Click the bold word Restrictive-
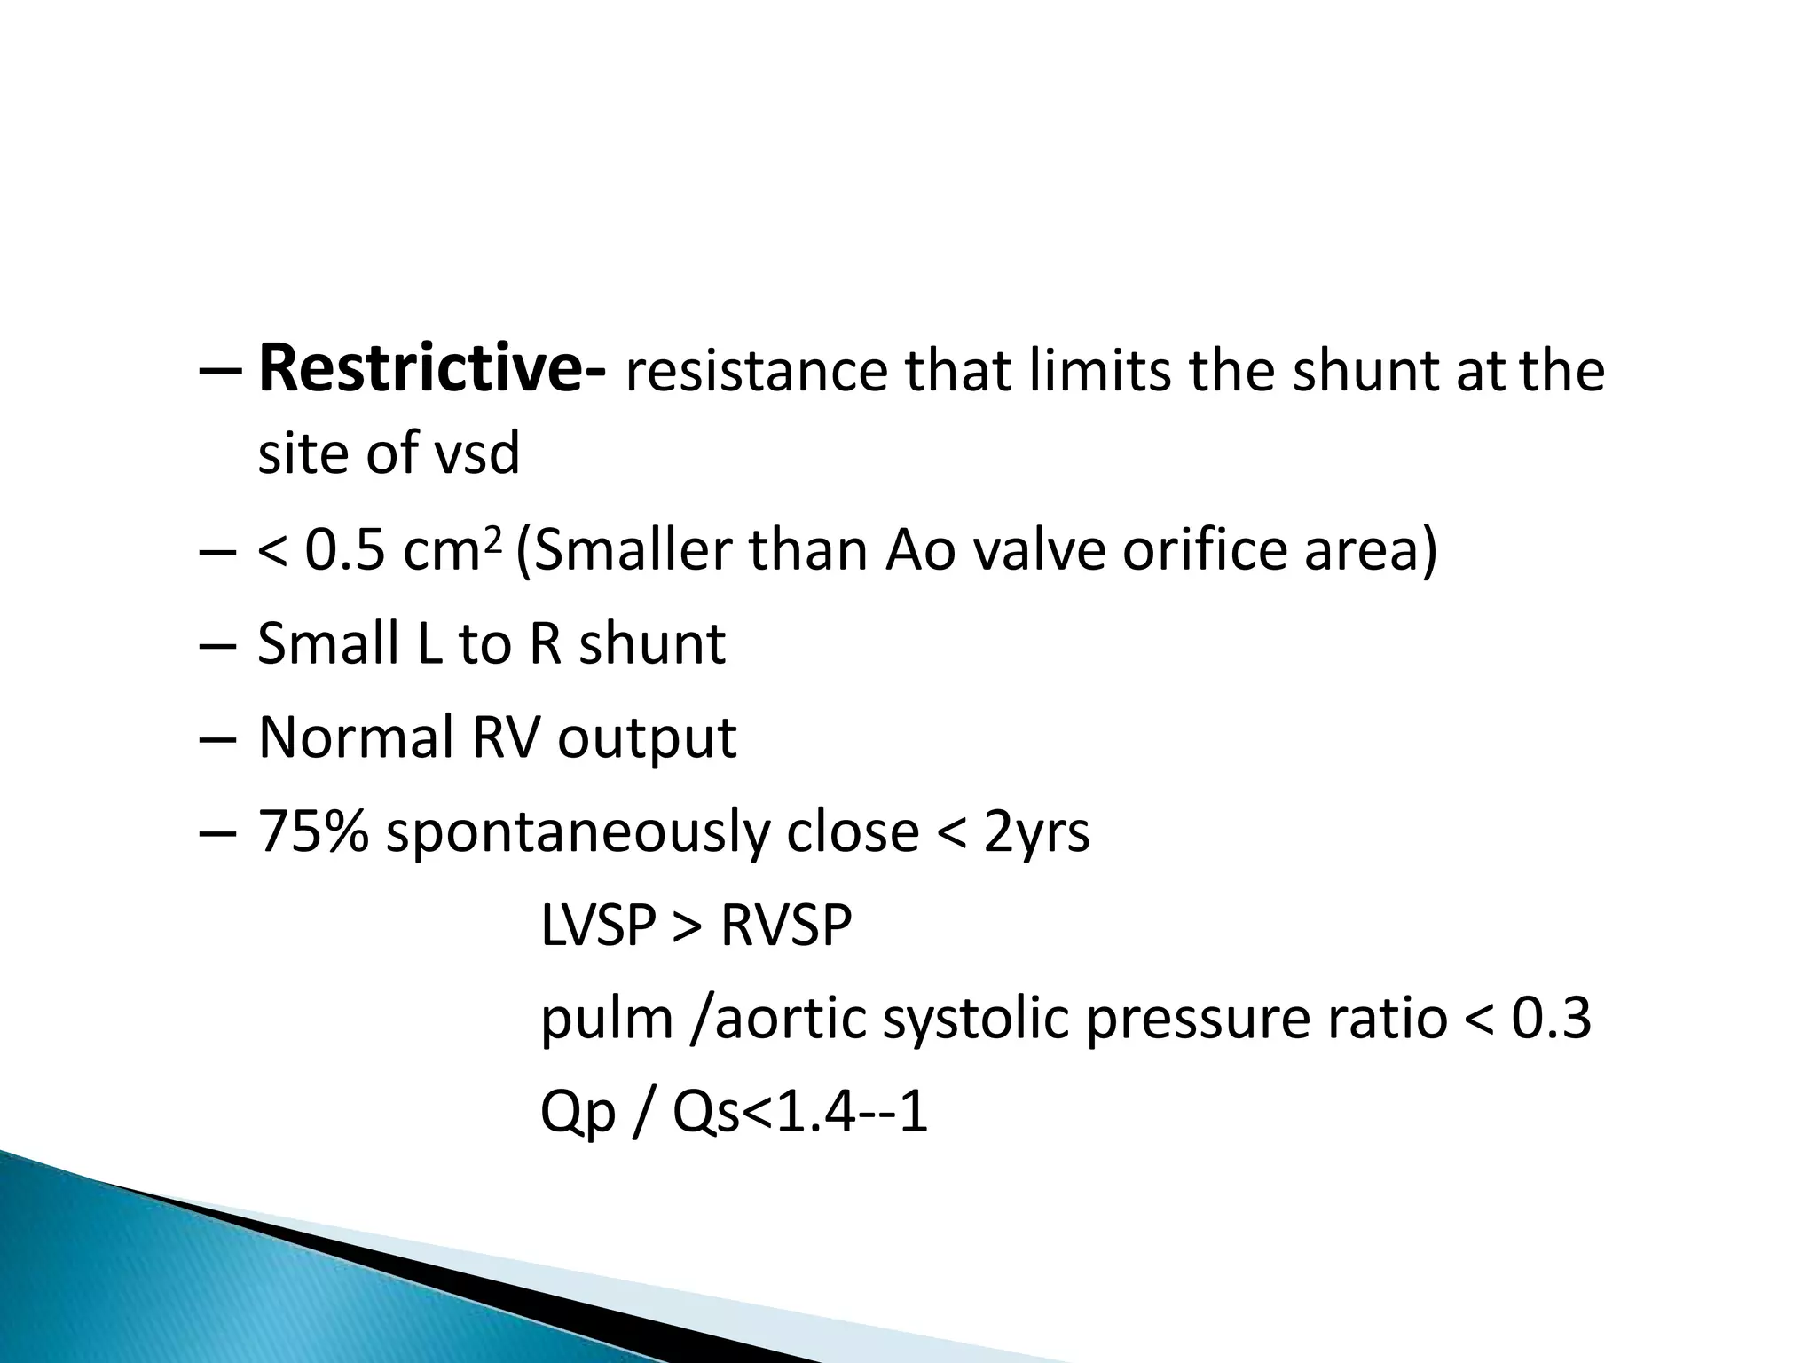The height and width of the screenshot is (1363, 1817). pos(432,369)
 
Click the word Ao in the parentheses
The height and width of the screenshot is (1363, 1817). pos(921,551)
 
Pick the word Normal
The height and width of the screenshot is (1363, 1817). pos(356,737)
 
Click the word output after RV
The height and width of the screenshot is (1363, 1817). pos(647,739)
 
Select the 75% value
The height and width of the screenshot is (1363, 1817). pos(312,831)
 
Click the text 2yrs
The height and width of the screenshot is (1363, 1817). pos(1036,833)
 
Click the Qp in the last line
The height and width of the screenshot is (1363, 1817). pos(578,1114)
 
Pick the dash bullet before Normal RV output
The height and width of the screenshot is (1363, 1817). pos(218,739)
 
